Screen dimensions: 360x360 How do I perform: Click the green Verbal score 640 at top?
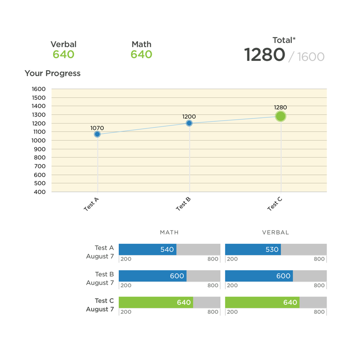click(x=63, y=55)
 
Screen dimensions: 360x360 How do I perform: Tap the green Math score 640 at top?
click(x=141, y=55)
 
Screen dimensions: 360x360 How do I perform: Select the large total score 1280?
click(x=264, y=55)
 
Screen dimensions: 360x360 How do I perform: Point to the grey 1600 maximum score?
click(x=311, y=57)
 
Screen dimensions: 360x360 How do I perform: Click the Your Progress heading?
click(x=52, y=73)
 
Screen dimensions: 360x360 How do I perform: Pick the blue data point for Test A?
click(x=97, y=134)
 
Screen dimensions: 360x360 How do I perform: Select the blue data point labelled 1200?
click(x=189, y=123)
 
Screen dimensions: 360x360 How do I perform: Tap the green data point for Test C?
click(x=281, y=116)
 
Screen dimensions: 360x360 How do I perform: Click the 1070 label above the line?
click(x=97, y=128)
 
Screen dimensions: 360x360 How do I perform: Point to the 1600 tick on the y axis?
click(x=39, y=89)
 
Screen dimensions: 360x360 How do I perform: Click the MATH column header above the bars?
click(x=169, y=232)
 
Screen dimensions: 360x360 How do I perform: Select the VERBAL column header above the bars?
click(x=276, y=232)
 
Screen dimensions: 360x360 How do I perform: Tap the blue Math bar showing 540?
click(x=147, y=249)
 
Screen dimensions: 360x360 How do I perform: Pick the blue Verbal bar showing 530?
click(x=253, y=249)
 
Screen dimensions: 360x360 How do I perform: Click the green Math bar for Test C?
click(x=156, y=303)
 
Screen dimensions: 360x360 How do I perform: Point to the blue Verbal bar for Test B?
click(x=258, y=276)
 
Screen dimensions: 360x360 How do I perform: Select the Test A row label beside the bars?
click(x=104, y=248)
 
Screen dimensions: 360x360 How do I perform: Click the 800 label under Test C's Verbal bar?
click(x=319, y=312)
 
